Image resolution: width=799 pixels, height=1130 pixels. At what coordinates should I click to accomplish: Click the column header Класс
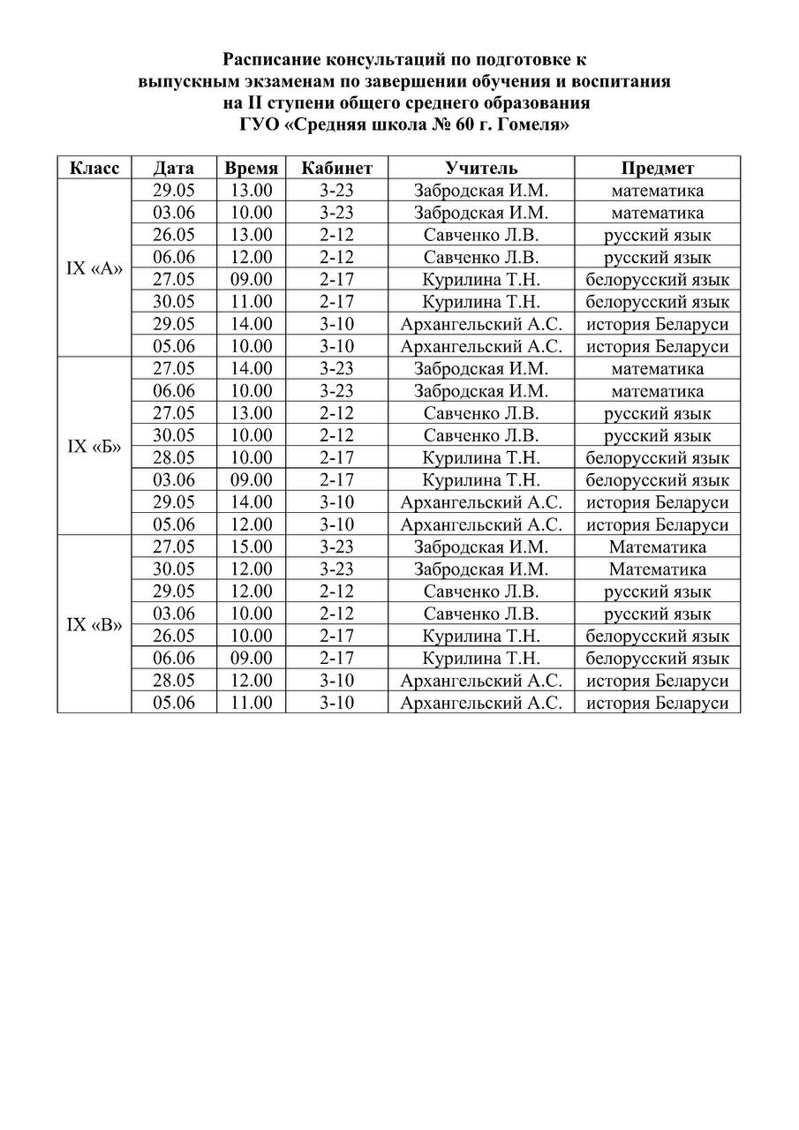[94, 168]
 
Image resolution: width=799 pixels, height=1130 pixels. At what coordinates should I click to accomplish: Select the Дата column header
[174, 168]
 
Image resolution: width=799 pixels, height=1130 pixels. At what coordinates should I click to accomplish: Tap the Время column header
[252, 168]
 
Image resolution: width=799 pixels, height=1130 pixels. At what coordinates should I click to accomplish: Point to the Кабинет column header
[337, 168]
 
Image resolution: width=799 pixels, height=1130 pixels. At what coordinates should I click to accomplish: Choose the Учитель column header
[481, 168]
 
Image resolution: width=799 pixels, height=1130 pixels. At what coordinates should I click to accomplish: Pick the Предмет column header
[658, 168]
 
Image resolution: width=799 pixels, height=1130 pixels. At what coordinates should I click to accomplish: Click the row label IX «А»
[94, 268]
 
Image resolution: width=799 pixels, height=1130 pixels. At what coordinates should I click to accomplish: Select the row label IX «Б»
[94, 447]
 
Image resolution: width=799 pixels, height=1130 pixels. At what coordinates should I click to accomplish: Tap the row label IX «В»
[94, 625]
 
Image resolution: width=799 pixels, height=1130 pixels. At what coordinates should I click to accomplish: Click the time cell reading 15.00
[252, 547]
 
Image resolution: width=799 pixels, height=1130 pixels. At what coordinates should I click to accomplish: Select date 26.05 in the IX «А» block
[174, 235]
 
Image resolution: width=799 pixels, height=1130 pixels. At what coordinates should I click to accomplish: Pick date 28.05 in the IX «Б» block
[174, 458]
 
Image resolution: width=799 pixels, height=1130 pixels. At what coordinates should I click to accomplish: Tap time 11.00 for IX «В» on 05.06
[252, 704]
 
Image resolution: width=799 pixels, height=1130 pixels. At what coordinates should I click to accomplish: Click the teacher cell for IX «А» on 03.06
[481, 213]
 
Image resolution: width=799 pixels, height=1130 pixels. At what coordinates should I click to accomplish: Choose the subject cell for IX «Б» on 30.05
[658, 435]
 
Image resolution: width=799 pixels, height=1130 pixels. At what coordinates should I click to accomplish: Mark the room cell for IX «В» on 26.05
[337, 637]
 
